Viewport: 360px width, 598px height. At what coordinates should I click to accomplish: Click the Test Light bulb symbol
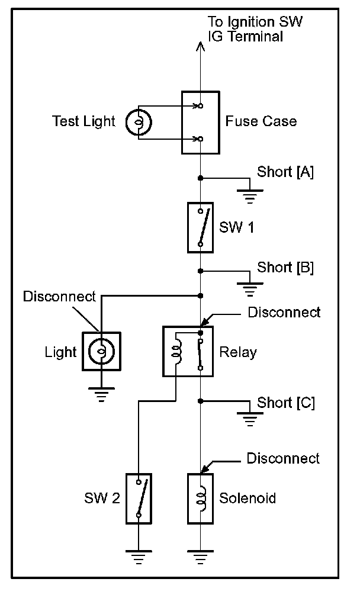pos(139,122)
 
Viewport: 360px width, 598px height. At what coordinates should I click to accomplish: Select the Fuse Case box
pos(200,123)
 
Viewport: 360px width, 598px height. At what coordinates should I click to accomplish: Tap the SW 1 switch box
pos(201,227)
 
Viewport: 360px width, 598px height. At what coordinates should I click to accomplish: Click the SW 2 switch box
pos(139,498)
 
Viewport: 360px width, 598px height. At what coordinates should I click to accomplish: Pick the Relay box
pos(188,351)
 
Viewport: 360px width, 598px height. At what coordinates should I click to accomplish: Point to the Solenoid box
pos(201,498)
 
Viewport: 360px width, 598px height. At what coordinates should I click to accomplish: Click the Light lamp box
pos(101,351)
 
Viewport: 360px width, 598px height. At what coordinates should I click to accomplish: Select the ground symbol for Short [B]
pos(250,289)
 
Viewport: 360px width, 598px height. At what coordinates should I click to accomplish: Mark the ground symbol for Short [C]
pos(250,419)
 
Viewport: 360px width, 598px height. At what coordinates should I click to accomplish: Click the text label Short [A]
pos(285,172)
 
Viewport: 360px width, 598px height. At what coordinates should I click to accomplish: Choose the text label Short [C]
pos(285,403)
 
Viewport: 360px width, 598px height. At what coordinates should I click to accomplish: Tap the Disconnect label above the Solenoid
pos(283,458)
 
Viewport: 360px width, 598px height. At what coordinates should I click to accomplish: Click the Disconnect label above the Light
pos(59,296)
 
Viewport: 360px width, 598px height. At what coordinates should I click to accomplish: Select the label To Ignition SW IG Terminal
pos(255,29)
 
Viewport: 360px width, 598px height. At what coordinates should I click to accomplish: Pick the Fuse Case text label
pos(261,122)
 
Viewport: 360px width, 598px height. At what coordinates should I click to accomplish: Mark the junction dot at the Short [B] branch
pos(201,271)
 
